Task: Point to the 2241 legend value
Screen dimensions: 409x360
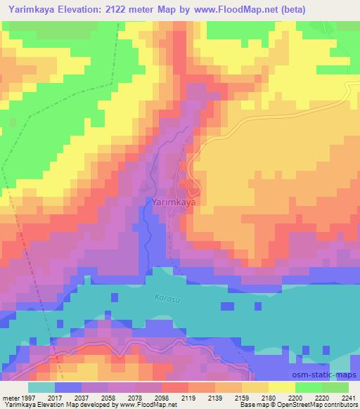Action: pos(349,398)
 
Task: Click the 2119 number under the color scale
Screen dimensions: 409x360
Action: pos(188,398)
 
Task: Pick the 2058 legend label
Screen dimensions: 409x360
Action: pos(108,398)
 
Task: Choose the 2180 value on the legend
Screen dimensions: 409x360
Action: pos(269,398)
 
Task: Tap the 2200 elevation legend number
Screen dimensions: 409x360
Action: pos(295,398)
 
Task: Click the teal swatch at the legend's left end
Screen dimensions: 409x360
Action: pos(41,387)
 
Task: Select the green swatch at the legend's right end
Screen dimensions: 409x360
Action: pos(335,387)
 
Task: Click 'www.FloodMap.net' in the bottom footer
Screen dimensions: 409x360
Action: pos(148,405)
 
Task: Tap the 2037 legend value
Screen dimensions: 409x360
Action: pos(82,398)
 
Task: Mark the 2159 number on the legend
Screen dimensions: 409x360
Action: pos(242,398)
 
